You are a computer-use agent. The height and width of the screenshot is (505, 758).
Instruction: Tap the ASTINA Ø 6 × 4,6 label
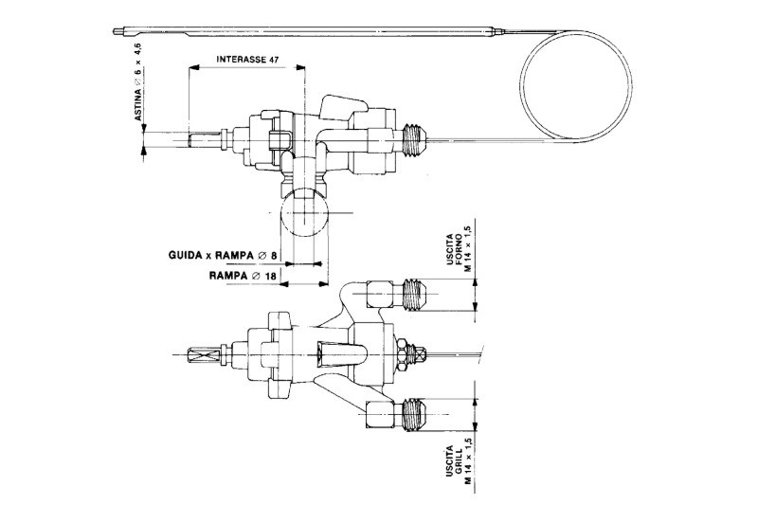(138, 81)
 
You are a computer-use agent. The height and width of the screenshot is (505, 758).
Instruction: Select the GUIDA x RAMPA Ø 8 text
(223, 255)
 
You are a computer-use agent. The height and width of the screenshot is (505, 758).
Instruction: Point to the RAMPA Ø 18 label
(243, 276)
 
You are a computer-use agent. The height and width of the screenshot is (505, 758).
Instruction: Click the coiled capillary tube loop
(577, 89)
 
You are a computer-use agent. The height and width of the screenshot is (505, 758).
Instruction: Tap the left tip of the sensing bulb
(114, 32)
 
